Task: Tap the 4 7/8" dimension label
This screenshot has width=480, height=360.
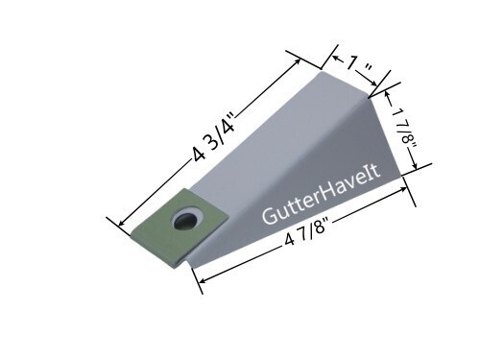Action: (306, 231)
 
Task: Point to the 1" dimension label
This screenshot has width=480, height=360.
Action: (359, 65)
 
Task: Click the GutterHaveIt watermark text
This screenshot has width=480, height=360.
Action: (322, 195)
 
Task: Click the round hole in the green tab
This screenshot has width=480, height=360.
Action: (187, 219)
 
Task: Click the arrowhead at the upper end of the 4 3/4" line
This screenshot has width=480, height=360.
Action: (298, 61)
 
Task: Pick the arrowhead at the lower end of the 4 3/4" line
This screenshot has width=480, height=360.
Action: (123, 223)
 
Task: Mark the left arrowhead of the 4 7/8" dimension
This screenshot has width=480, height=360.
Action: (203, 280)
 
